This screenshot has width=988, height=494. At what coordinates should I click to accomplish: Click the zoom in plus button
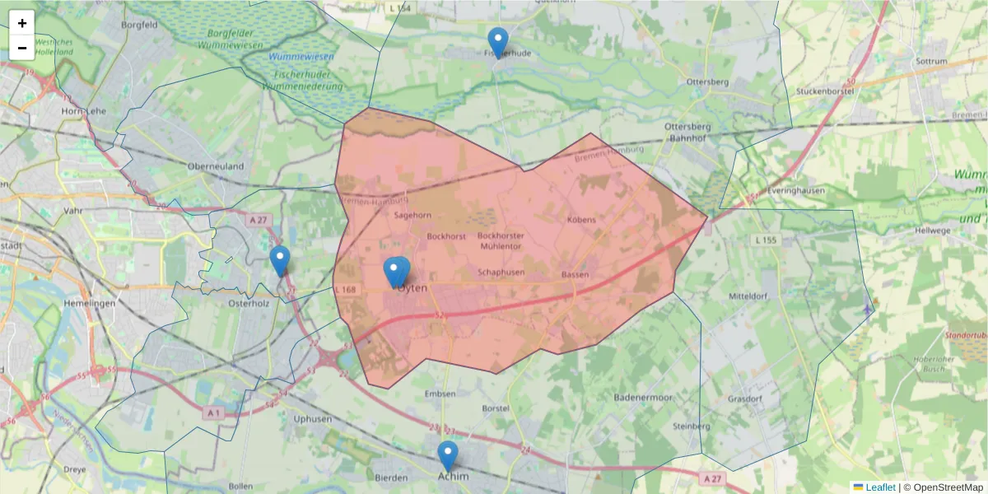pyautogui.click(x=22, y=23)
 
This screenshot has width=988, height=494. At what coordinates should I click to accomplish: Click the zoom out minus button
pyautogui.click(x=22, y=48)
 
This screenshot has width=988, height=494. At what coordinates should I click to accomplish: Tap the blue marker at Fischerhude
pyautogui.click(x=498, y=42)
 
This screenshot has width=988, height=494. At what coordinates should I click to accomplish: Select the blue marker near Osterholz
pyautogui.click(x=280, y=261)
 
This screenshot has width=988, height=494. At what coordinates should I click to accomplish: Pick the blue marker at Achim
pyautogui.click(x=448, y=456)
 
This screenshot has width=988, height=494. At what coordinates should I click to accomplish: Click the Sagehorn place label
pyautogui.click(x=412, y=216)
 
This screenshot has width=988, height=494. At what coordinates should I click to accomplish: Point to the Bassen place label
pyautogui.click(x=574, y=274)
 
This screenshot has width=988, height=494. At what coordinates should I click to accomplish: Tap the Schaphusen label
pyautogui.click(x=501, y=272)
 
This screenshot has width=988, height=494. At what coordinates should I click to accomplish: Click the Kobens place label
pyautogui.click(x=581, y=221)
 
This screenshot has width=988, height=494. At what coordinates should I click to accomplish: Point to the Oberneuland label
pyautogui.click(x=216, y=166)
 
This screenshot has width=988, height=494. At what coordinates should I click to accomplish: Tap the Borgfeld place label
pyautogui.click(x=138, y=26)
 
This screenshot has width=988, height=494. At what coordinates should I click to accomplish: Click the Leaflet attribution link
pyautogui.click(x=880, y=487)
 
